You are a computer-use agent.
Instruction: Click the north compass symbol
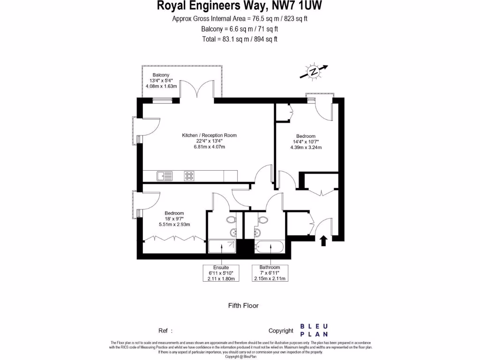click(x=313, y=72)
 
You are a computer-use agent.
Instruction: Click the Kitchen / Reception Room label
click(x=210, y=135)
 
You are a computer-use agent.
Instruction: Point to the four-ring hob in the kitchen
click(x=189, y=176)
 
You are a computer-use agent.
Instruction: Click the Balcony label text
click(x=161, y=75)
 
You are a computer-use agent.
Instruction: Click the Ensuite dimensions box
click(x=220, y=273)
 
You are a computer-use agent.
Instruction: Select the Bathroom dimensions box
click(x=270, y=273)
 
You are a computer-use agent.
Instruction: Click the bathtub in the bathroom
click(x=270, y=247)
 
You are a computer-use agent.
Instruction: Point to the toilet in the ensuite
click(x=231, y=220)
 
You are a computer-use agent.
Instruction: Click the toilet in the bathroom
click(x=263, y=220)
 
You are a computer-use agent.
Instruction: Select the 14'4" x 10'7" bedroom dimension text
click(x=306, y=142)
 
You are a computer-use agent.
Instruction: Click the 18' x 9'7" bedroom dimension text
click(x=174, y=218)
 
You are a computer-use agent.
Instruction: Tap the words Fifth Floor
click(x=243, y=306)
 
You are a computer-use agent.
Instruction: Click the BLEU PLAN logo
click(x=314, y=330)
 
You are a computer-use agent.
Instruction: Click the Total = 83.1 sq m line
click(x=240, y=39)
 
